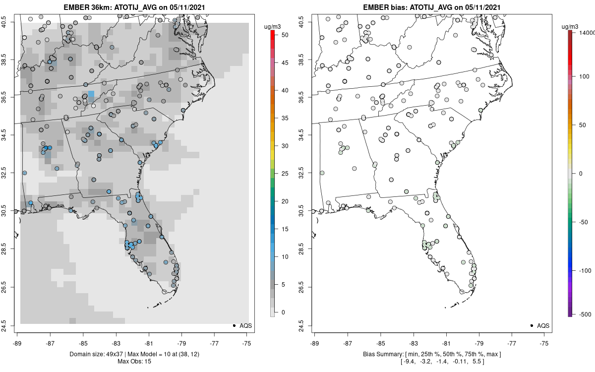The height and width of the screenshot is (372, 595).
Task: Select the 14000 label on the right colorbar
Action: [585, 32]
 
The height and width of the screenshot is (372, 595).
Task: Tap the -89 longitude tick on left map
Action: [17, 342]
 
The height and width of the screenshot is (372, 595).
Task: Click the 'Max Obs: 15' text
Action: [134, 361]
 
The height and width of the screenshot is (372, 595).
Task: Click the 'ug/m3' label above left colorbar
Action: [272, 25]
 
